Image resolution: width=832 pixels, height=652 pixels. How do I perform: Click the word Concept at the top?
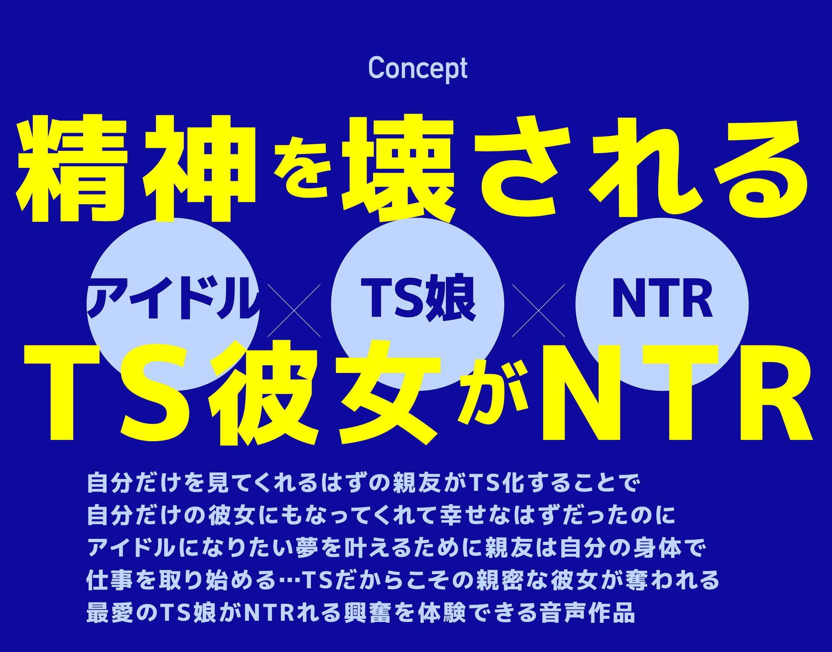[x=418, y=69]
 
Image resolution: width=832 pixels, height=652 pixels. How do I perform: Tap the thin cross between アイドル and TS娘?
[x=294, y=310]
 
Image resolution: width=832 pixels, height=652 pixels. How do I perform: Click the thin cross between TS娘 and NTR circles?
[x=538, y=310]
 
